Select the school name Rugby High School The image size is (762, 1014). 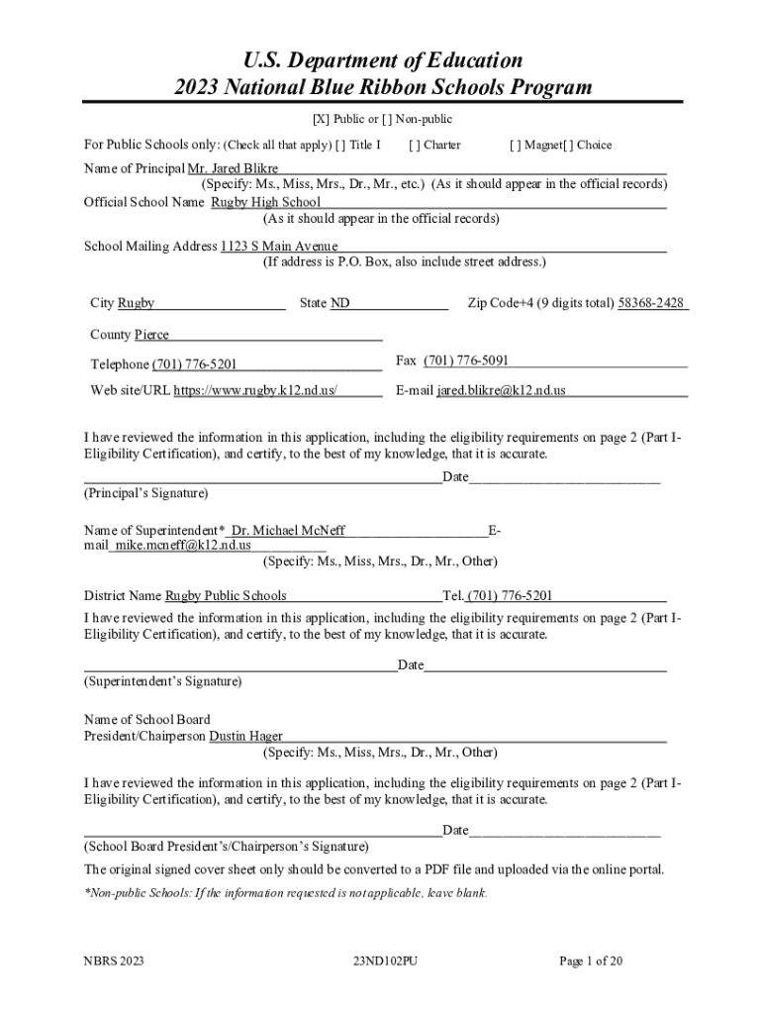265,202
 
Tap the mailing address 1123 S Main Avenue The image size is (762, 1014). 279,246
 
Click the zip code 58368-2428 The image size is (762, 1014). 651,303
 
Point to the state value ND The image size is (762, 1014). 339,303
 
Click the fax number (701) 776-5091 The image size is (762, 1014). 466,360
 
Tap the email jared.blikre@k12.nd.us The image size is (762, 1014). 501,390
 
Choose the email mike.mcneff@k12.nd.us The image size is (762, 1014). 183,545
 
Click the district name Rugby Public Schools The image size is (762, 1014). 226,595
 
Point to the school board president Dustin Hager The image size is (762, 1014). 245,736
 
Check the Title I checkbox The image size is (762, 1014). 340,145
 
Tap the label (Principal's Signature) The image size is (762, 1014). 145,492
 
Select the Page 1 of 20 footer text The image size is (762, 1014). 591,960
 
